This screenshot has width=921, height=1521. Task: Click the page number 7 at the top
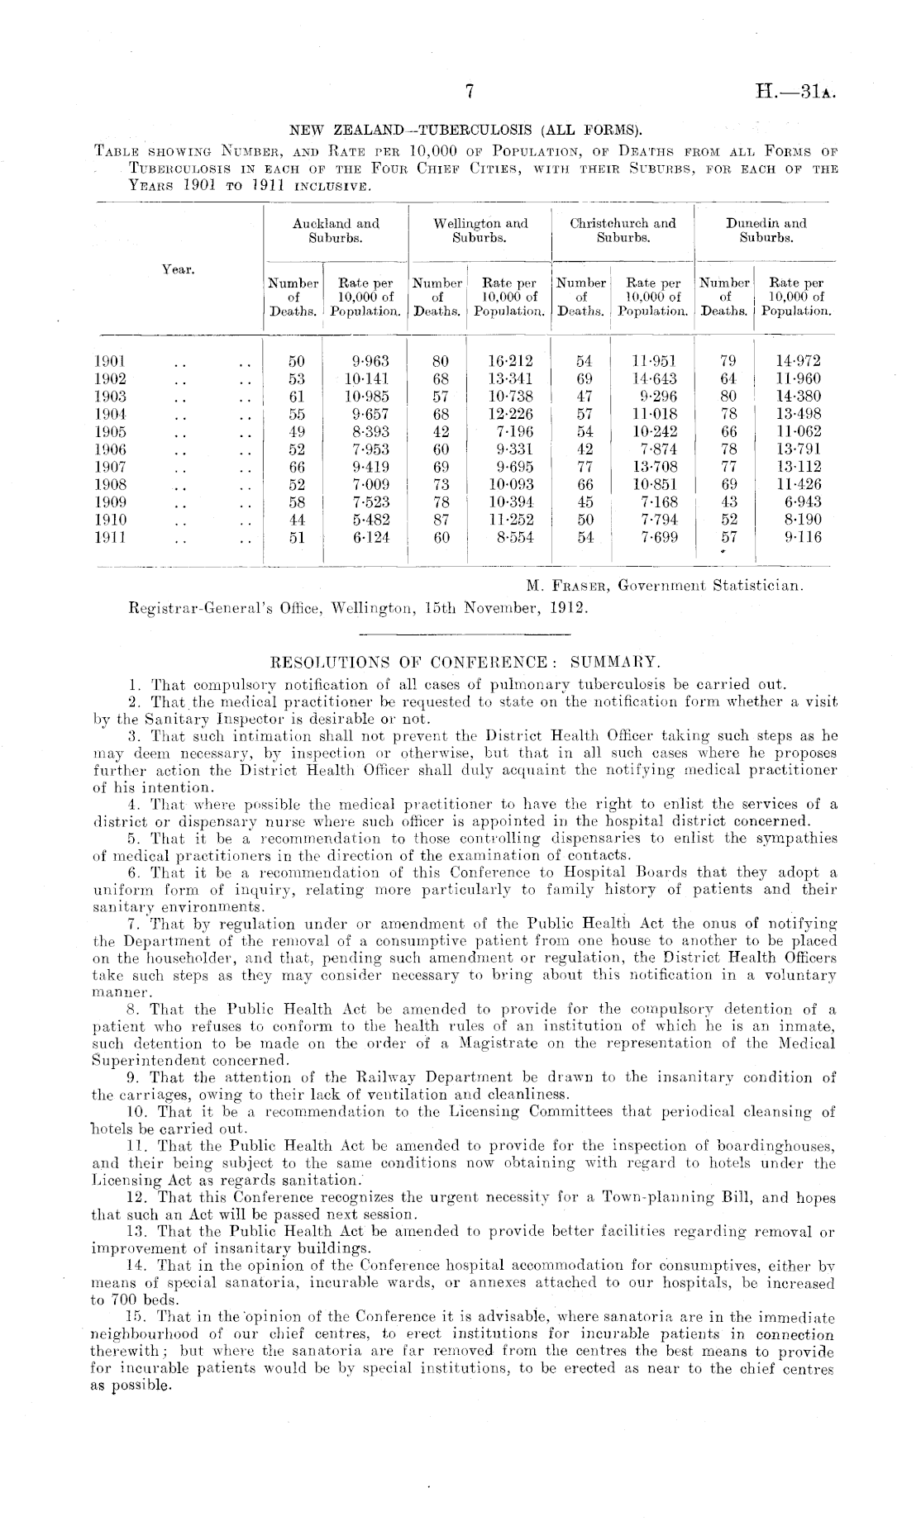tap(468, 94)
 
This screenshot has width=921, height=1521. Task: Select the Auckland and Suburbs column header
tap(336, 231)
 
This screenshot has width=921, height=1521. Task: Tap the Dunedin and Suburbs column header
tap(766, 231)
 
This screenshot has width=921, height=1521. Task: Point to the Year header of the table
tap(178, 269)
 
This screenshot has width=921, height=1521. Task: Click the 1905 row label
tap(110, 432)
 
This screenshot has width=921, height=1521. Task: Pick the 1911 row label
tap(110, 537)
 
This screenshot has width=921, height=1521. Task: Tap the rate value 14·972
tap(799, 361)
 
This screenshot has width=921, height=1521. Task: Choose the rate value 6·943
tap(800, 502)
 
